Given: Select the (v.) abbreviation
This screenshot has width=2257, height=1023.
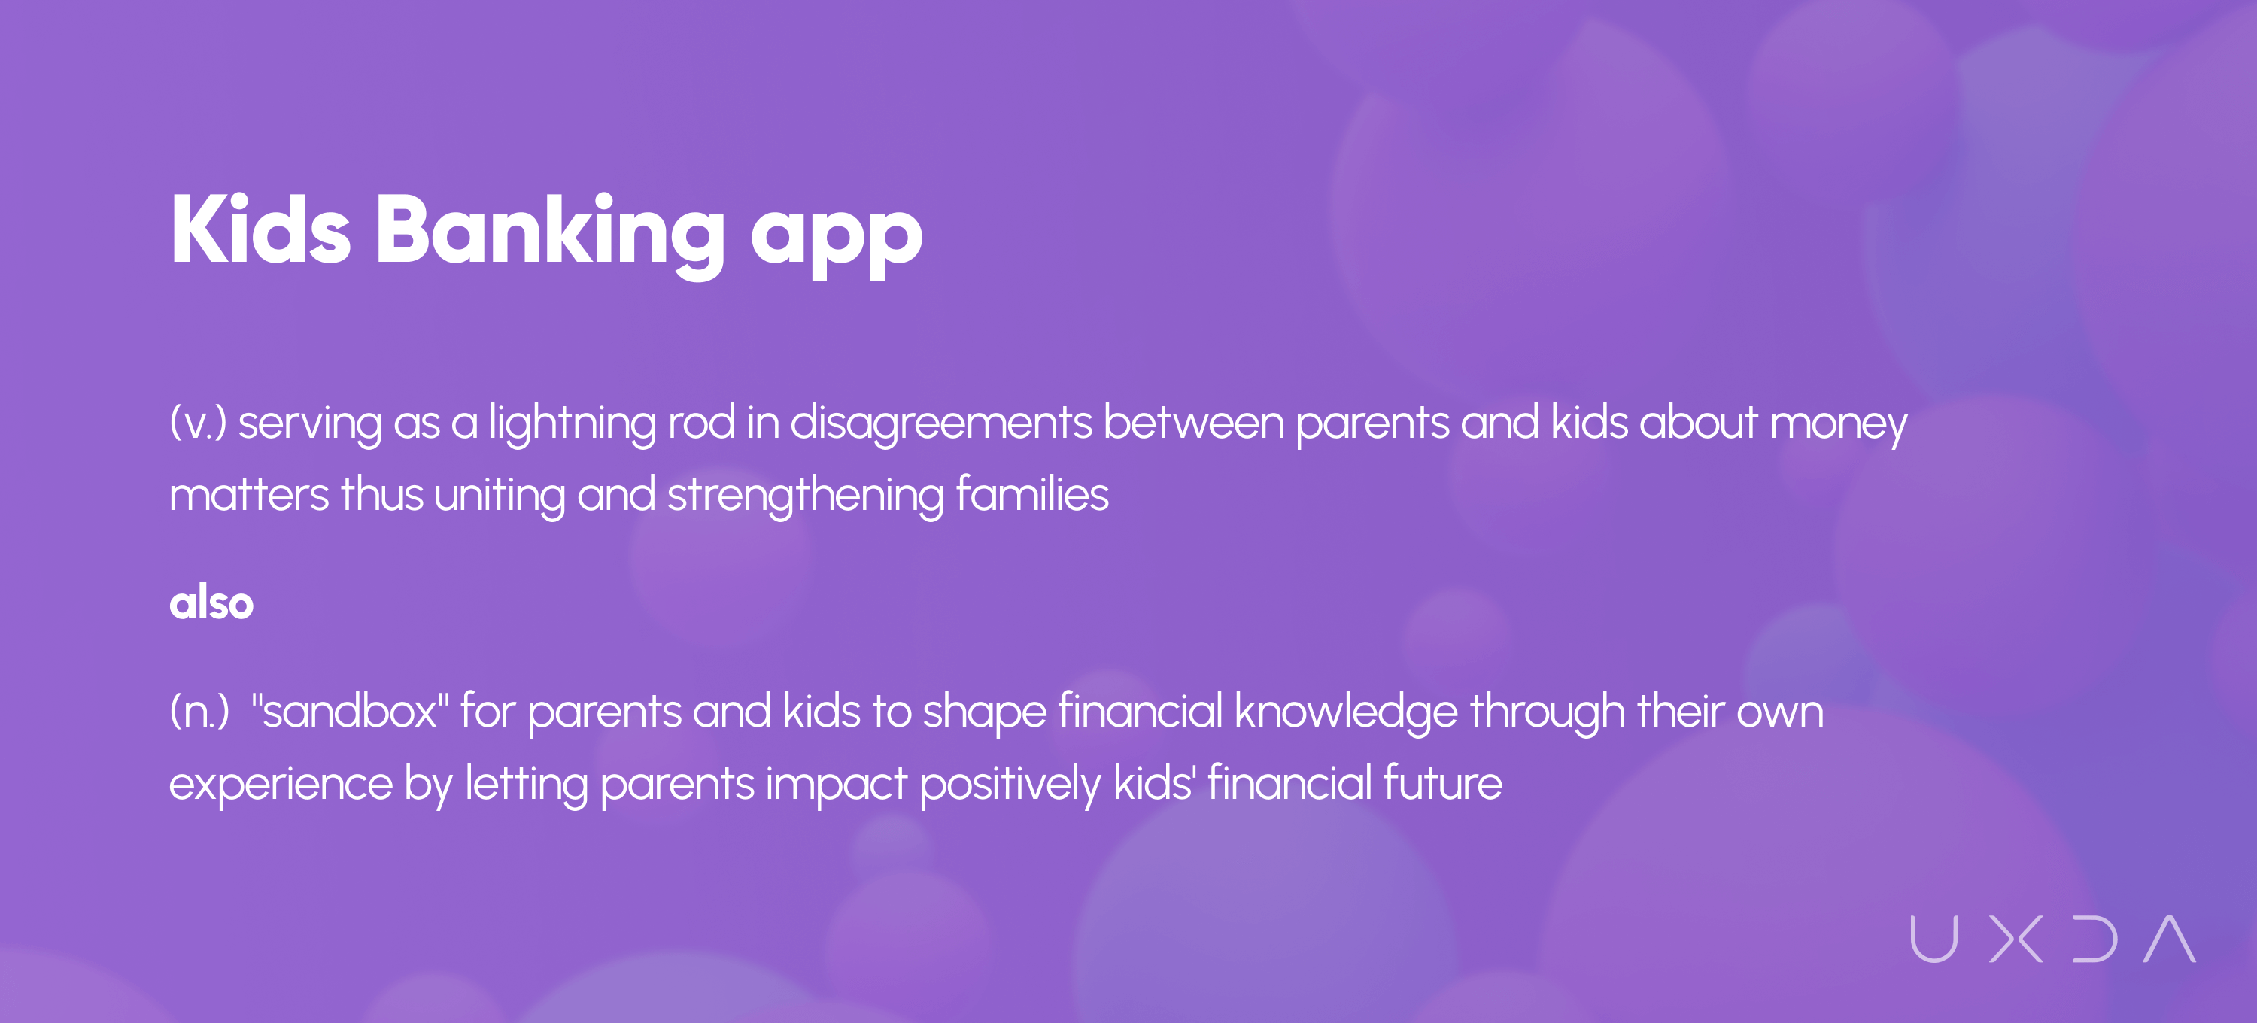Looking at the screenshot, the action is pos(198,423).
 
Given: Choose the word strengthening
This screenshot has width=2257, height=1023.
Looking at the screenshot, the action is pos(805,496).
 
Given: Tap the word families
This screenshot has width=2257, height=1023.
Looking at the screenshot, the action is pos(1032,493).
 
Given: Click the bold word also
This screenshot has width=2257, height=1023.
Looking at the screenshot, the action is pos(211,603).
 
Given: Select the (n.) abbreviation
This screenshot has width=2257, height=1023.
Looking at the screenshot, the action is pos(199,711).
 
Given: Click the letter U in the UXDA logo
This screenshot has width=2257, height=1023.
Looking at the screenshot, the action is pos(1933,939).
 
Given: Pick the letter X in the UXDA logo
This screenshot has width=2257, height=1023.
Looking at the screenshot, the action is pos(2016,939).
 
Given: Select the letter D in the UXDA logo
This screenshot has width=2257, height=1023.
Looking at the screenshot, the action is pos(2095,939).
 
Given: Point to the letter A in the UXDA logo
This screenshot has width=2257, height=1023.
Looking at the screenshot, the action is pos(2170,939).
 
